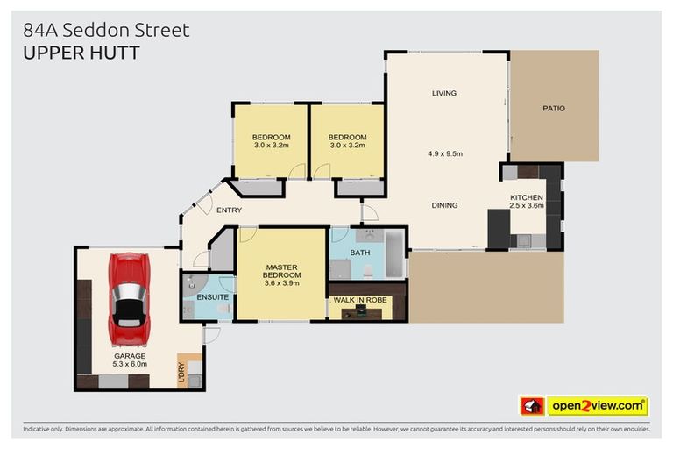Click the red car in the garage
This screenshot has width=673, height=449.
coord(129,300)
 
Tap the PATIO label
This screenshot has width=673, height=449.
coord(553,109)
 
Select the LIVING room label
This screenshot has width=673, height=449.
coord(444,93)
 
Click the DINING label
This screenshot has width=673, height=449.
coord(444,205)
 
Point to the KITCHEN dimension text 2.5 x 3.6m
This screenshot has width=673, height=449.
coord(527,207)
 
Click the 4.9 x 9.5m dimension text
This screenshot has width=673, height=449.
coord(444,153)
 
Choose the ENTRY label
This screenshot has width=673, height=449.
coord(229,210)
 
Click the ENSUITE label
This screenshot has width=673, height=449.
coord(213,297)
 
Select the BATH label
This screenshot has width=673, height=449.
coord(360,253)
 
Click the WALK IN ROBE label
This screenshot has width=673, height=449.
coord(365,301)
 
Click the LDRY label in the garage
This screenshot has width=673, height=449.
coord(182,373)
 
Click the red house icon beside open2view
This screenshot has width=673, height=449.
coord(532,406)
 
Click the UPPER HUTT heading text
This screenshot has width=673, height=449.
coord(81,53)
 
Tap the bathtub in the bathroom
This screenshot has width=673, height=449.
coord(393,254)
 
